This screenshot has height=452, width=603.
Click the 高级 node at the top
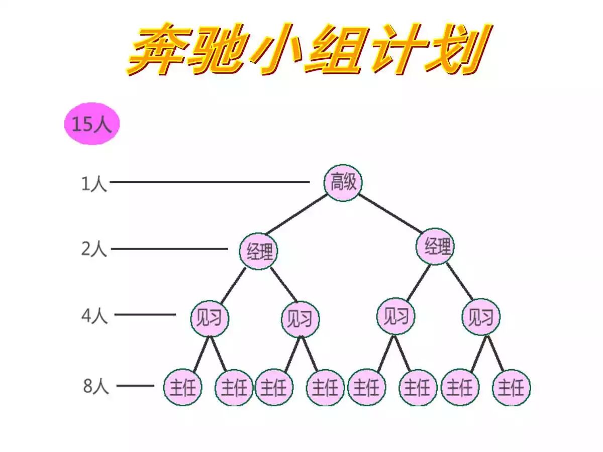pos(343,183)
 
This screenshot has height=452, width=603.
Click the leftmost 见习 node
pos(210,318)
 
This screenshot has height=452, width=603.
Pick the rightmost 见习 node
pos(481,317)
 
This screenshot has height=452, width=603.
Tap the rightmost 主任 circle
pos(511,388)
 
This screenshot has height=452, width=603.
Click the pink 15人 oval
pos(91,124)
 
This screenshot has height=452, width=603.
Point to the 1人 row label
pos(94,183)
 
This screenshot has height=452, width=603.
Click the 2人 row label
pos(94,249)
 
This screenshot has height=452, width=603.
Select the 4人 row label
pos(94,316)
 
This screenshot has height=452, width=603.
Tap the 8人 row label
pos(95,386)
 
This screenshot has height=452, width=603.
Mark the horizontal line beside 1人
pos(210,182)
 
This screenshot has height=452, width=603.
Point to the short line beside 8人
pos(135,386)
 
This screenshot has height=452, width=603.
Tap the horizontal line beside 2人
pos(169,249)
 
